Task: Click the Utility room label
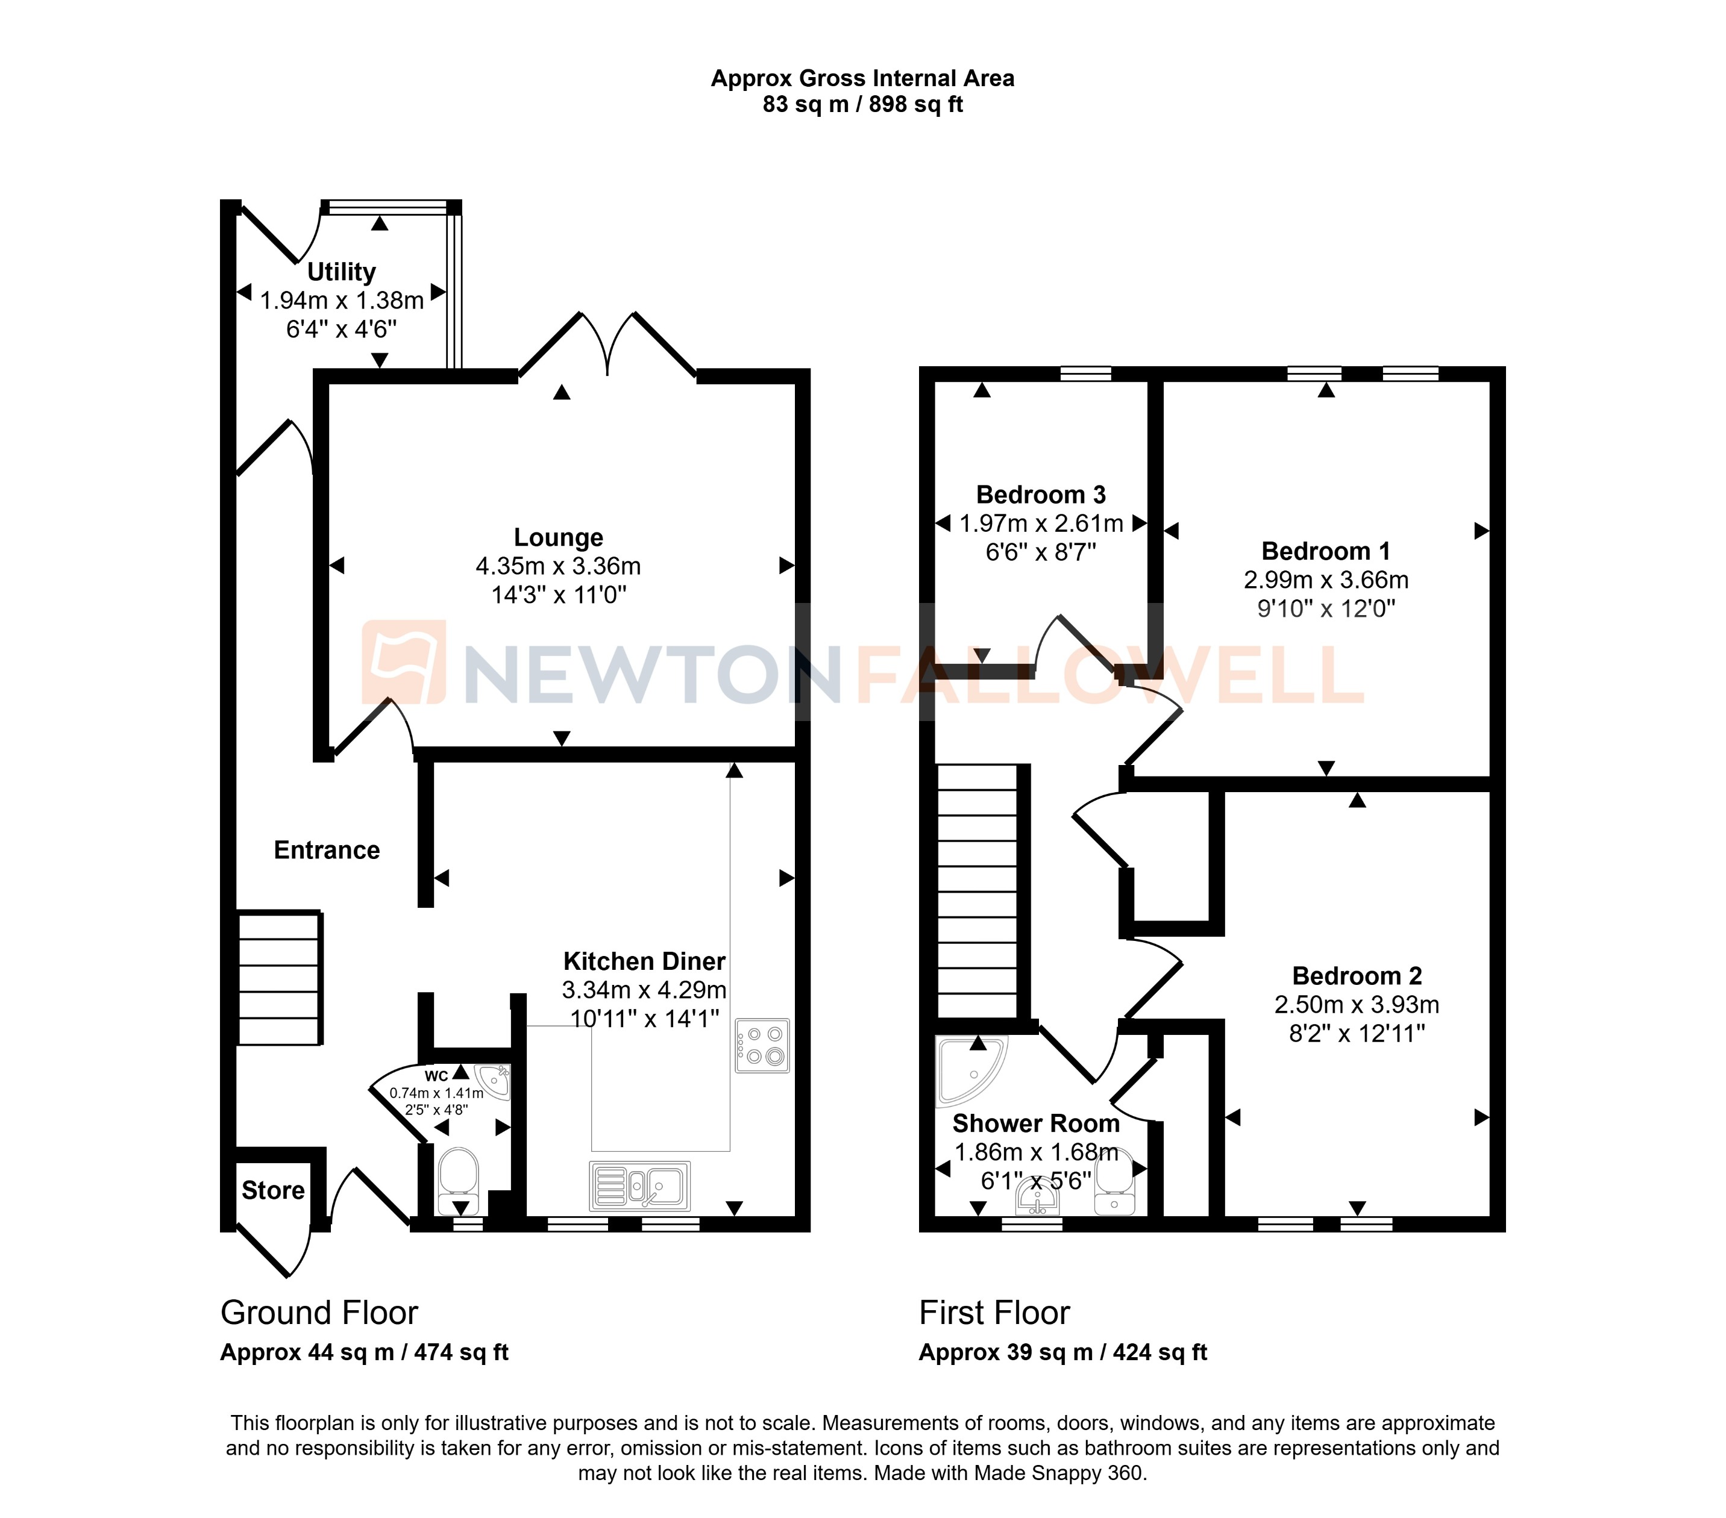pos(341,272)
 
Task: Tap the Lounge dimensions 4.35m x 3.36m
pos(558,566)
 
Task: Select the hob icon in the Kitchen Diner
pos(762,1045)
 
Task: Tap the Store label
pos(273,1190)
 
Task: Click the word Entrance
pos(327,850)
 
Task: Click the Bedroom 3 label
pos(1040,495)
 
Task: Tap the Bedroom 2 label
pos(1357,976)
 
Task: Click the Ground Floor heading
pos(319,1313)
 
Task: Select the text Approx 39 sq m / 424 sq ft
pos(1062,1352)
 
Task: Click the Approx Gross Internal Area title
pos(862,78)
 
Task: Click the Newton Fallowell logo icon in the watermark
pos(404,662)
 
